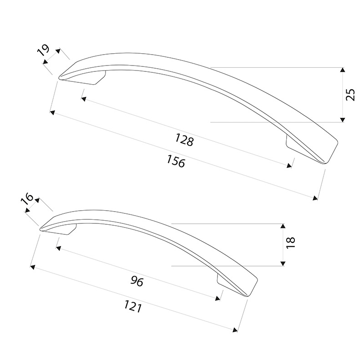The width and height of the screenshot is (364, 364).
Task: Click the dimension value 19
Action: [43, 50]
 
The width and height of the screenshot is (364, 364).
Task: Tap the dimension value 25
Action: [350, 95]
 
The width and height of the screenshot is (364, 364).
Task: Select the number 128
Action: [184, 140]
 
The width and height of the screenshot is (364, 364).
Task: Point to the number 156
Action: [176, 161]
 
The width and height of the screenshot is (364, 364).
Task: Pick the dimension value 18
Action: [291, 243]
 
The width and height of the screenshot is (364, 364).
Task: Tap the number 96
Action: [137, 281]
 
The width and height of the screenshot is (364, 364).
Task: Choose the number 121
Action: [133, 306]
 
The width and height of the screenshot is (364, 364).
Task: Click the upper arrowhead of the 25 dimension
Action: [342, 70]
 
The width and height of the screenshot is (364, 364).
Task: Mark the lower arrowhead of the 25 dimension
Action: [342, 120]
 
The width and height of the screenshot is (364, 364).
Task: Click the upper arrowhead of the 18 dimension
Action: [283, 226]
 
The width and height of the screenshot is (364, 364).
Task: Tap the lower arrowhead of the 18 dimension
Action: [283, 263]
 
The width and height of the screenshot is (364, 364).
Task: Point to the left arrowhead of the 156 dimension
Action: [52, 112]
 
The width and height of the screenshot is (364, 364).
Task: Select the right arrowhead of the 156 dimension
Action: [315, 198]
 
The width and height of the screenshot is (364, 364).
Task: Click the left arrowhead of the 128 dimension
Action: [84, 99]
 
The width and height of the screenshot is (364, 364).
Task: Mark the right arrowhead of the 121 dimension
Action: [235, 330]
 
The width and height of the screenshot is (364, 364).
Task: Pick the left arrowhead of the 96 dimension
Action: [58, 248]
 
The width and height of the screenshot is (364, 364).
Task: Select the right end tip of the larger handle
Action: [325, 163]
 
